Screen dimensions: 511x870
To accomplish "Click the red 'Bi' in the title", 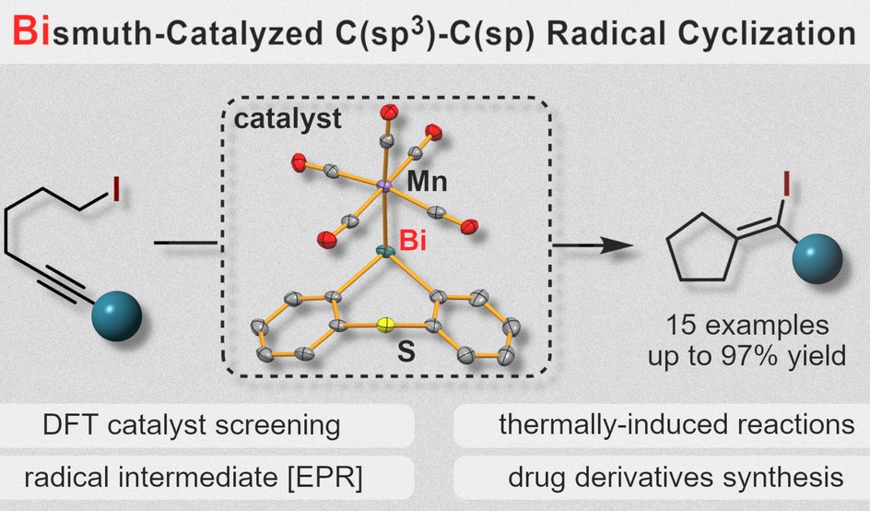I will click(x=31, y=34).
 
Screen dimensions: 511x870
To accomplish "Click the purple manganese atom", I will click(x=384, y=187).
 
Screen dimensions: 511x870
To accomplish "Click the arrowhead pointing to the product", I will click(x=629, y=245).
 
